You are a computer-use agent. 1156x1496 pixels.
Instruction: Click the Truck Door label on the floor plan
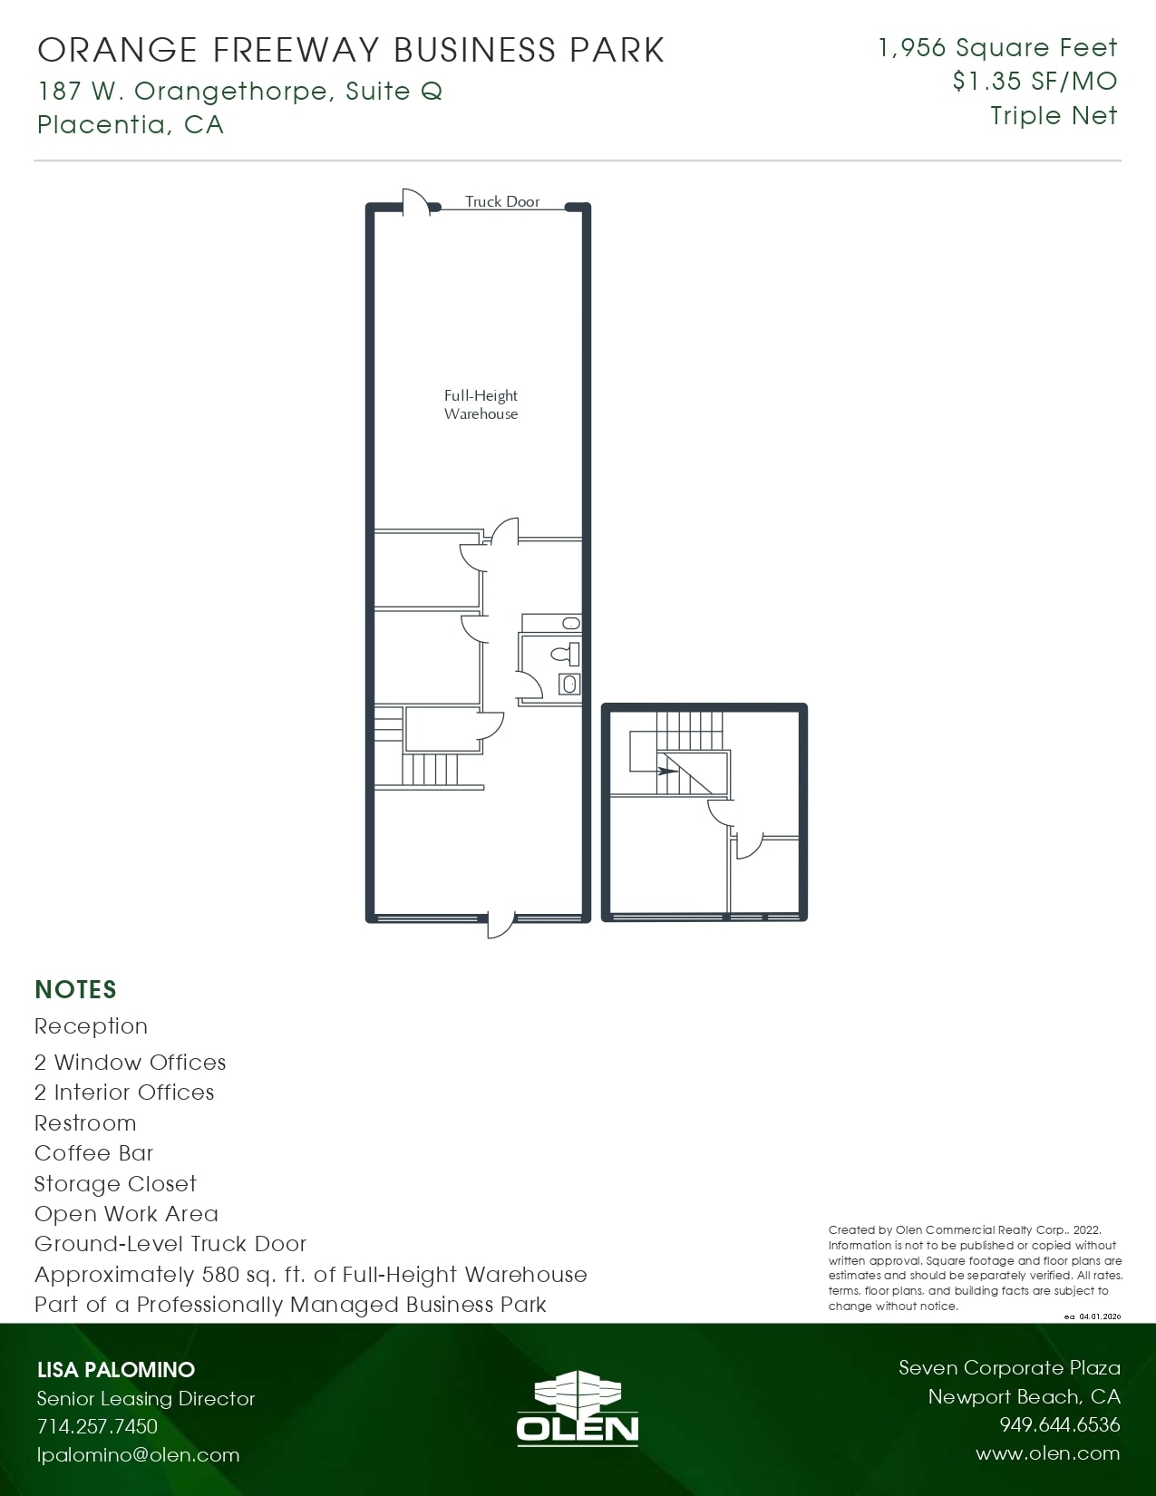(x=502, y=201)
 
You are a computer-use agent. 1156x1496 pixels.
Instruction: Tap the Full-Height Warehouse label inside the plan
(x=481, y=404)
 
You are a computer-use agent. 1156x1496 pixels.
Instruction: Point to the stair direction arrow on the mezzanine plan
(x=666, y=772)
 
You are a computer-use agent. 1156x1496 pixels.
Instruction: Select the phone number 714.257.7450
(x=97, y=1426)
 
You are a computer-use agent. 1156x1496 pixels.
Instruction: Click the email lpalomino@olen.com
(x=138, y=1455)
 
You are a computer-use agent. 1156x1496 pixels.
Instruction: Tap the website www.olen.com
(x=1047, y=1453)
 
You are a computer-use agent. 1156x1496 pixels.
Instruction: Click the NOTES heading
(x=75, y=989)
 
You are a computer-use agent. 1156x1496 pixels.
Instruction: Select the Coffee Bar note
(x=94, y=1153)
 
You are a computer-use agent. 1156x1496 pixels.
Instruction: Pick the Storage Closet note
(x=115, y=1184)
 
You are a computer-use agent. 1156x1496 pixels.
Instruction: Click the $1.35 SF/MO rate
(x=1035, y=82)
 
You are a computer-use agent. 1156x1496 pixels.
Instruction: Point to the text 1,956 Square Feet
(x=997, y=48)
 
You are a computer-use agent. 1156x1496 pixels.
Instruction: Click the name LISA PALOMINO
(x=116, y=1369)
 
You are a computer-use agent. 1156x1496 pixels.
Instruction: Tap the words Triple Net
(x=1054, y=116)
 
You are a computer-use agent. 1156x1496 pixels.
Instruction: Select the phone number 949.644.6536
(x=1059, y=1425)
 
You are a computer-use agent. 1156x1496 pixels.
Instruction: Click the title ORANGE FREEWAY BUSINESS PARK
(x=351, y=50)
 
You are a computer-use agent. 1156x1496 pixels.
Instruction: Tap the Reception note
(x=91, y=1026)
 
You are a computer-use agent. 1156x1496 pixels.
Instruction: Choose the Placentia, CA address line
(x=131, y=124)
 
